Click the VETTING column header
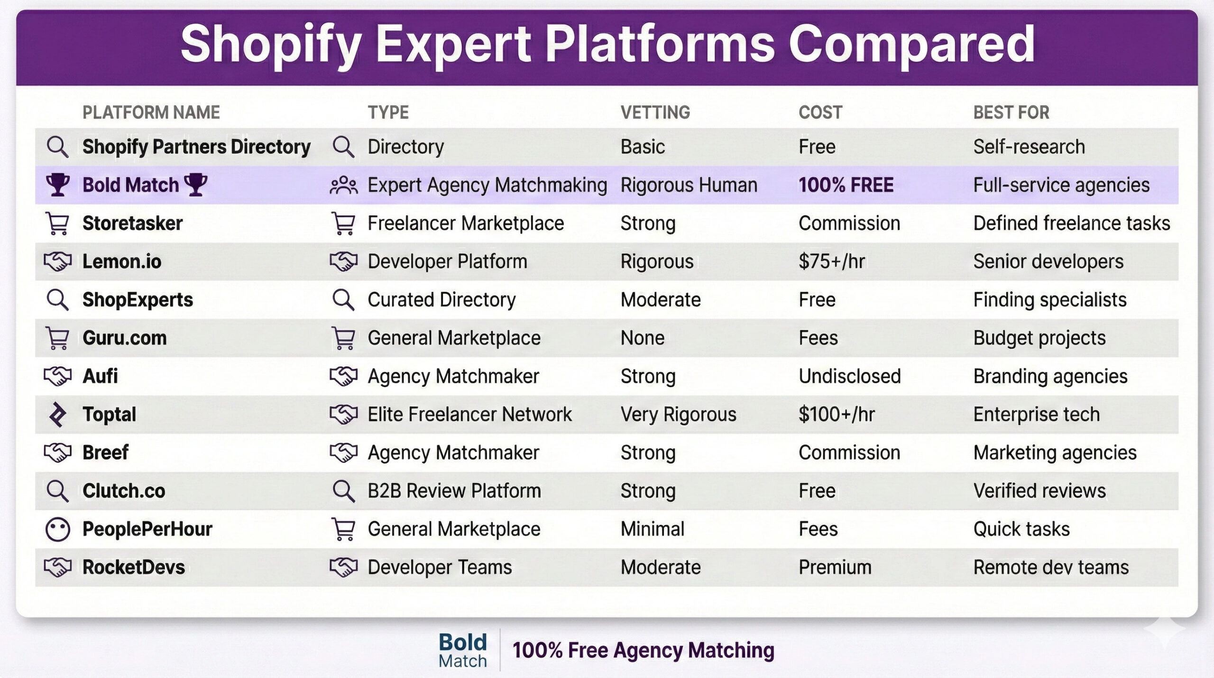(x=655, y=112)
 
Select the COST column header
(x=820, y=112)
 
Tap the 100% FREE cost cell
(x=846, y=185)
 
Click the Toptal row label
(x=109, y=414)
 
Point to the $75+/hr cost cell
(x=831, y=261)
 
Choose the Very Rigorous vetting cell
(x=678, y=414)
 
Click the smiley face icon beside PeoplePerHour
(x=57, y=529)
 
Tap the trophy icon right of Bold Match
(x=195, y=184)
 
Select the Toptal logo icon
(x=57, y=414)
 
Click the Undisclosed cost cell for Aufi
(x=849, y=376)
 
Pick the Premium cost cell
(x=835, y=567)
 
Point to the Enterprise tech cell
(x=1036, y=414)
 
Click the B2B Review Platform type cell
(x=454, y=491)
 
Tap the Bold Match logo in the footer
(x=462, y=650)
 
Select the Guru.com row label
(x=124, y=338)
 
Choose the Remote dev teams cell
(x=1051, y=567)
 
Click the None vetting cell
(x=642, y=338)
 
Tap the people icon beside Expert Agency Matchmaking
(x=343, y=186)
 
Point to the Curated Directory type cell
(x=441, y=300)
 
